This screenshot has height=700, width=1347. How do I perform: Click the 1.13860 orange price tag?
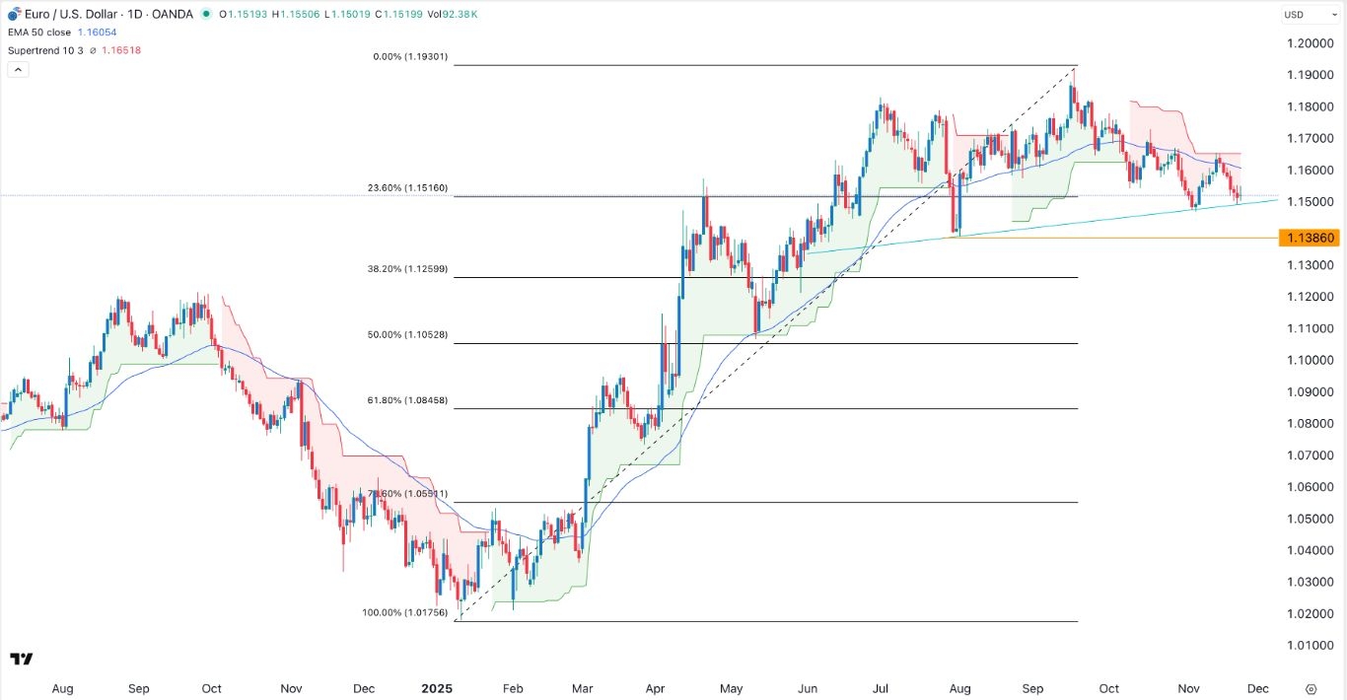coord(1309,238)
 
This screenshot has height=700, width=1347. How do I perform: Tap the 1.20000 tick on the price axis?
coord(1311,43)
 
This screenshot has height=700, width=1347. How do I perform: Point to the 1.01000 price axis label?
coord(1311,646)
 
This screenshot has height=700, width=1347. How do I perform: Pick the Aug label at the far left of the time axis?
coord(62,689)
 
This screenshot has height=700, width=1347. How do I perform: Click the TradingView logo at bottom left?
coord(22,659)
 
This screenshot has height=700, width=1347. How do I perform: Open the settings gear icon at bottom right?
coord(1311,689)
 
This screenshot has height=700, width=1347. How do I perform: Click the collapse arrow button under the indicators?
coord(19,69)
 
